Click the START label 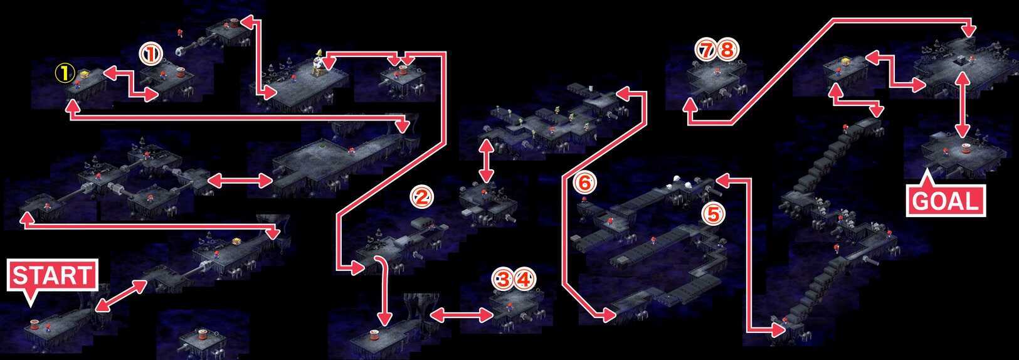pyautogui.click(x=52, y=275)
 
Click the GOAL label pyautogui.click(x=946, y=201)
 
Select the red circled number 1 pyautogui.click(x=150, y=55)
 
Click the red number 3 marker pyautogui.click(x=504, y=280)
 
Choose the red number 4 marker pyautogui.click(x=524, y=280)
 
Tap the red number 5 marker pyautogui.click(x=714, y=214)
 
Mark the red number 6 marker pyautogui.click(x=584, y=184)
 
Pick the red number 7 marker pyautogui.click(x=707, y=50)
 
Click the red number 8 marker pyautogui.click(x=727, y=50)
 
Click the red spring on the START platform pyautogui.click(x=35, y=324)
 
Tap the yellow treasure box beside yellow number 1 pyautogui.click(x=85, y=74)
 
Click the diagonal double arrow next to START pyautogui.click(x=120, y=296)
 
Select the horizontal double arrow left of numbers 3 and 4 pyautogui.click(x=462, y=314)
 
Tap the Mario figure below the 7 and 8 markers pyautogui.click(x=717, y=71)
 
